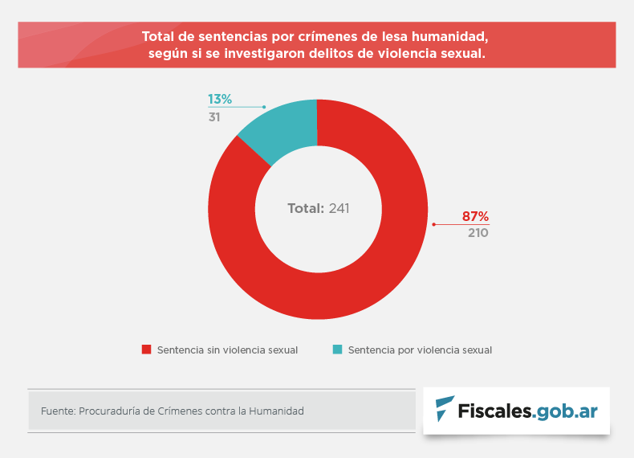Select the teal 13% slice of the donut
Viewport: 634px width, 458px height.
tap(285, 129)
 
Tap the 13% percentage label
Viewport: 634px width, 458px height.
tap(220, 100)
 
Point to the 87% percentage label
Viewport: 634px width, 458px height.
tap(475, 216)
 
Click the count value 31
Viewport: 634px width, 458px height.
tap(214, 117)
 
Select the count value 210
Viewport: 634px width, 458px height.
tap(478, 233)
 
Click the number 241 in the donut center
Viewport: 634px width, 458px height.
tap(339, 208)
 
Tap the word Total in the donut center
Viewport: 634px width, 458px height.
tap(306, 208)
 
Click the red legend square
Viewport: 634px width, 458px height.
tap(146, 350)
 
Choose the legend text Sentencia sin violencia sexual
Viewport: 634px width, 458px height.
tap(228, 350)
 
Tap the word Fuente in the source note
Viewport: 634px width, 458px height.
tap(56, 411)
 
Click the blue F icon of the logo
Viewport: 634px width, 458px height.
tap(443, 409)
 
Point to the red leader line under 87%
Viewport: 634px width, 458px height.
tap(461, 224)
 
